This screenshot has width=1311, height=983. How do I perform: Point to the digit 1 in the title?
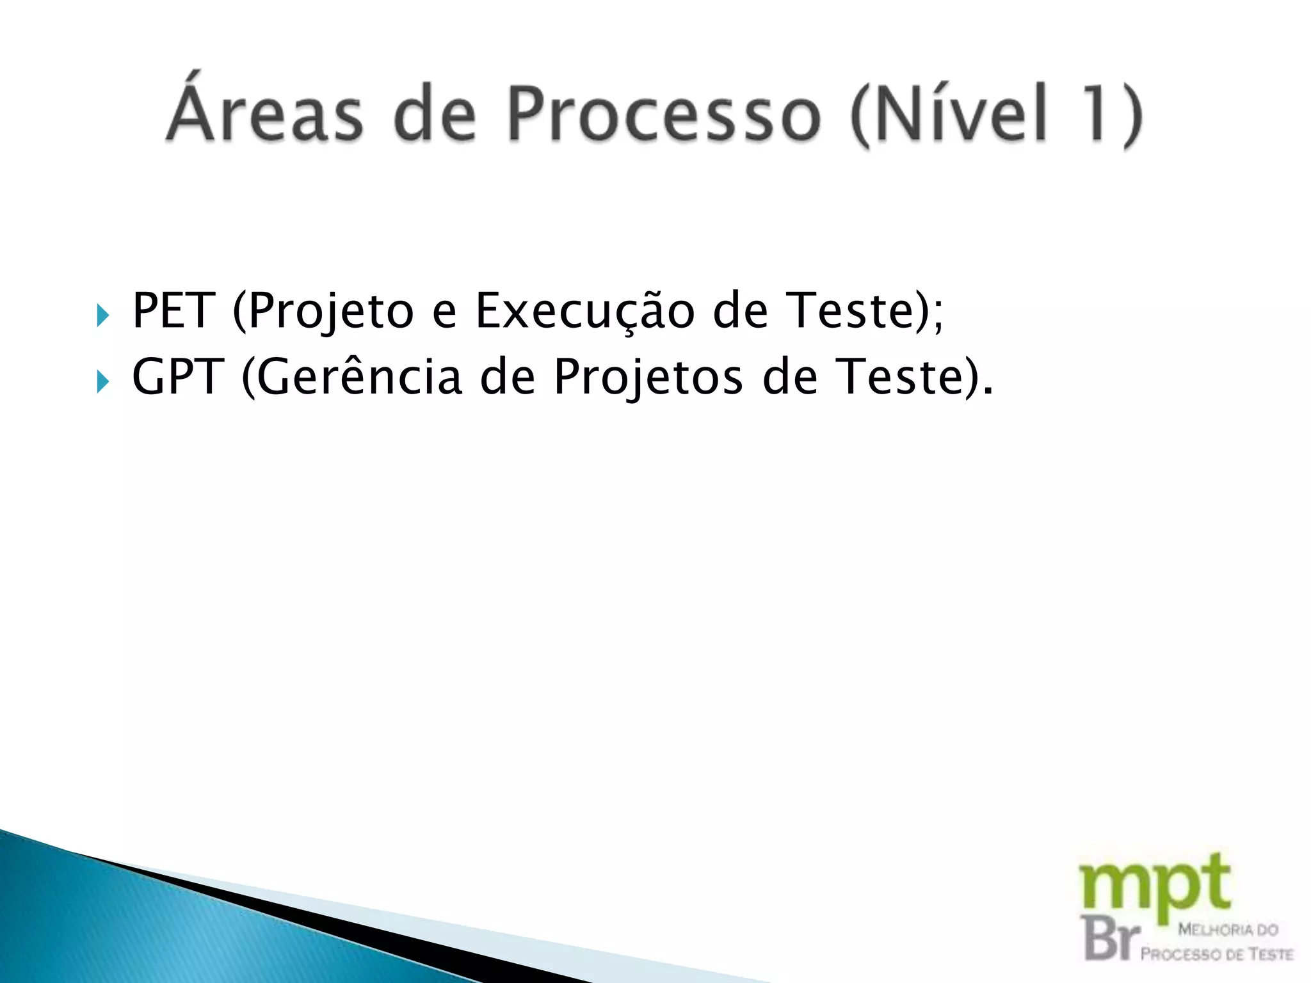(x=1096, y=114)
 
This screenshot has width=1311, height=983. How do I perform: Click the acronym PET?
(x=172, y=311)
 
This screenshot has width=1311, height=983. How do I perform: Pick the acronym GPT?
(x=178, y=377)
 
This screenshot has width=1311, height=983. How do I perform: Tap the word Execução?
(x=584, y=311)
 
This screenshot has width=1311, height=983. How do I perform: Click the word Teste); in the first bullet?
(x=865, y=311)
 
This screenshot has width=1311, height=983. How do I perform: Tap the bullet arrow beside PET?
(x=103, y=316)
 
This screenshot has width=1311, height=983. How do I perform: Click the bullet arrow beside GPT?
(x=103, y=382)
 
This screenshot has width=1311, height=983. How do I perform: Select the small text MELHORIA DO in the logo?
(x=1228, y=929)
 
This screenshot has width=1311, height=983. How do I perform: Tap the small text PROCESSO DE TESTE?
(x=1216, y=954)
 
